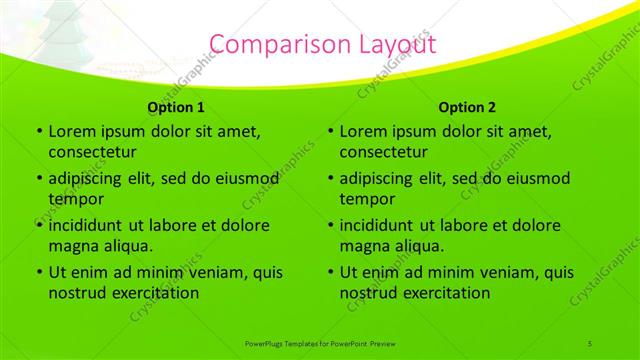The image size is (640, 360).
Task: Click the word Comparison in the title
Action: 274,43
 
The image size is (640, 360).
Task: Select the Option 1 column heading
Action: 176,107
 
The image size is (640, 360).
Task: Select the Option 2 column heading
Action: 467,107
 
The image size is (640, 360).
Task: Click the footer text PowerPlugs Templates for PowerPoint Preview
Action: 320,343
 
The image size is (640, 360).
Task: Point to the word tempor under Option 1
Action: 73,199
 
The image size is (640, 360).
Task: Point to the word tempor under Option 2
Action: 364,199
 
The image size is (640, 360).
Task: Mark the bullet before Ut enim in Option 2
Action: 329,272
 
